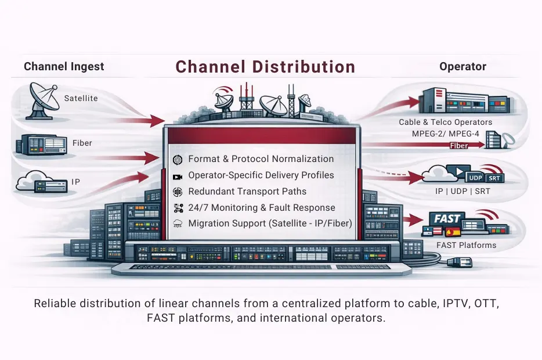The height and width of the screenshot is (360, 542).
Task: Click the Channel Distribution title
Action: click(265, 67)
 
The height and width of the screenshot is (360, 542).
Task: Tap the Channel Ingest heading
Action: click(64, 67)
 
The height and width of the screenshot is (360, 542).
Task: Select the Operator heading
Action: click(462, 67)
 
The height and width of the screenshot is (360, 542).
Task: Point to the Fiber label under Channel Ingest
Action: click(82, 143)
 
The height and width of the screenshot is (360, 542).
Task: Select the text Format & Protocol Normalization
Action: click(261, 159)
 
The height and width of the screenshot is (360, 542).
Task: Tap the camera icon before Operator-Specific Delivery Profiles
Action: click(178, 176)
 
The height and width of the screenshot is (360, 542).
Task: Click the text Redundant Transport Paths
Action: click(247, 192)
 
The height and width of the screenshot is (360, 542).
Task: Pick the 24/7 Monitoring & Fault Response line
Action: click(262, 208)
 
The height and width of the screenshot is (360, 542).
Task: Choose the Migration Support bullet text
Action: click(270, 224)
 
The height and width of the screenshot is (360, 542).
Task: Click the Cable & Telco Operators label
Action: click(445, 123)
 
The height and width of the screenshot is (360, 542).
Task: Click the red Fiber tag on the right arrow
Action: click(459, 146)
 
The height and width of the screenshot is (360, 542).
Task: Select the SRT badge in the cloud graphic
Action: click(496, 178)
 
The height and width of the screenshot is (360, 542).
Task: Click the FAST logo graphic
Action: click(447, 219)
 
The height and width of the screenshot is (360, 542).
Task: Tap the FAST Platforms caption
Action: click(466, 245)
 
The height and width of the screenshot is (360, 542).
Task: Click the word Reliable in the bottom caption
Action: click(53, 304)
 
